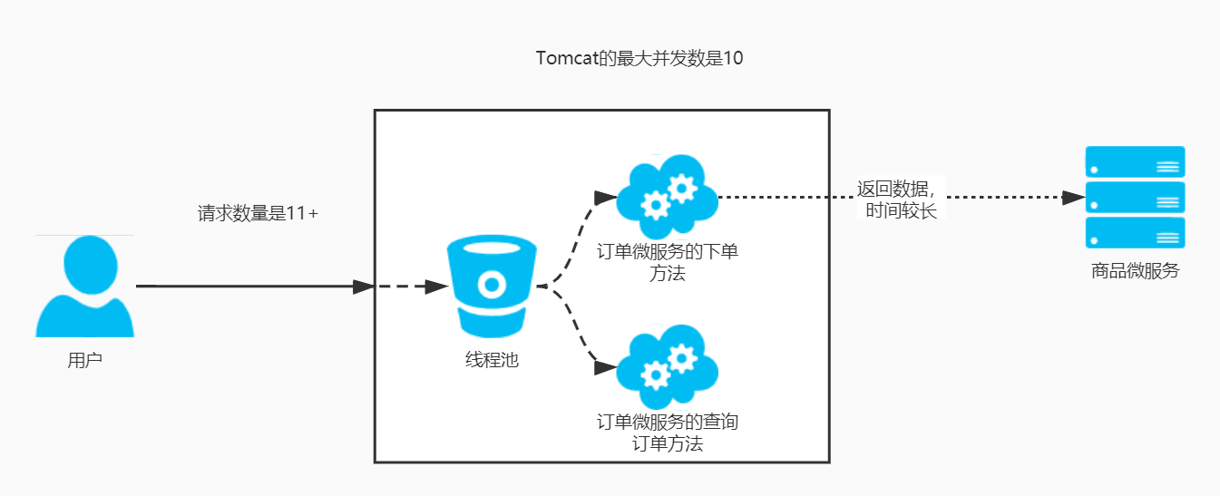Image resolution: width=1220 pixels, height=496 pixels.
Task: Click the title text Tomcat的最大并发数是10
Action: tap(639, 59)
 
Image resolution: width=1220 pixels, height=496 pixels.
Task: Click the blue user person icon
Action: tap(85, 287)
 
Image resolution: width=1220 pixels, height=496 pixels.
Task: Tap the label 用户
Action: tap(85, 360)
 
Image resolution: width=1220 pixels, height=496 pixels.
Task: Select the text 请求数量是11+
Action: tap(259, 215)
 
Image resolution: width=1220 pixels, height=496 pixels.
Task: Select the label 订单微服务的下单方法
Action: tap(668, 262)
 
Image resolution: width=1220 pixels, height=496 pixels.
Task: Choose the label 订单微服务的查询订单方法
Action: tap(668, 433)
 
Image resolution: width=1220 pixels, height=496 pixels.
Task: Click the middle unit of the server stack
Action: tap(1136, 197)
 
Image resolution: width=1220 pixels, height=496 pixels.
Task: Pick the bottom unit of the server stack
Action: tap(1136, 232)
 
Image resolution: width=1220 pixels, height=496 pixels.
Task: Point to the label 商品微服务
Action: tap(1136, 270)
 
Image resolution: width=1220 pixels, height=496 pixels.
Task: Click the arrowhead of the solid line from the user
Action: tap(364, 287)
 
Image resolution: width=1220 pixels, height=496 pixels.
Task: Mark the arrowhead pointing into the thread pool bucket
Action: tap(437, 287)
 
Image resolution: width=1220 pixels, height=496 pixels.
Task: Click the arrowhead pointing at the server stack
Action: tap(1074, 197)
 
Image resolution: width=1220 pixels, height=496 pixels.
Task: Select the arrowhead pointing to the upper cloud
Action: tap(604, 197)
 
